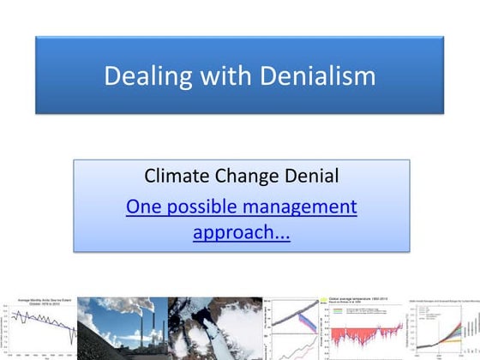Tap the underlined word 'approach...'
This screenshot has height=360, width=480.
point(241,232)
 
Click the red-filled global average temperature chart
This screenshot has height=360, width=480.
point(359,329)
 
